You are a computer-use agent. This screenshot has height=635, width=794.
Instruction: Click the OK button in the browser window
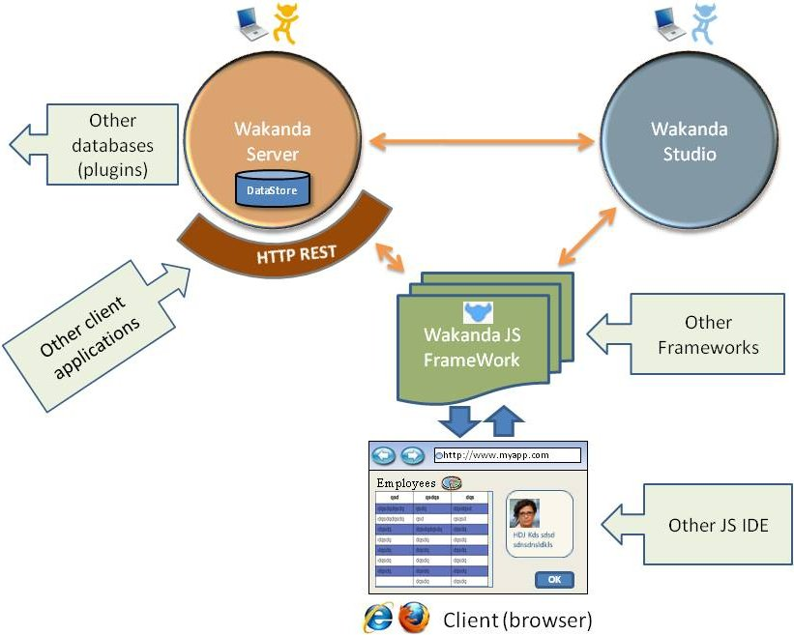554,580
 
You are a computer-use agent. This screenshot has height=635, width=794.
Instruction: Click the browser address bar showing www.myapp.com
508,455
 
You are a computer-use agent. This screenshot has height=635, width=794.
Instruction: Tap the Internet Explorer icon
377,618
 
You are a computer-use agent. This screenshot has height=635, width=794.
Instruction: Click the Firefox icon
414,618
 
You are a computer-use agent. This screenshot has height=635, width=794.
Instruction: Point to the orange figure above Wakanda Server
284,23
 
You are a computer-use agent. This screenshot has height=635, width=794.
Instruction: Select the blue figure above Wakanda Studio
701,23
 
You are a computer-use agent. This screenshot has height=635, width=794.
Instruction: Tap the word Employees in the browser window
406,482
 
